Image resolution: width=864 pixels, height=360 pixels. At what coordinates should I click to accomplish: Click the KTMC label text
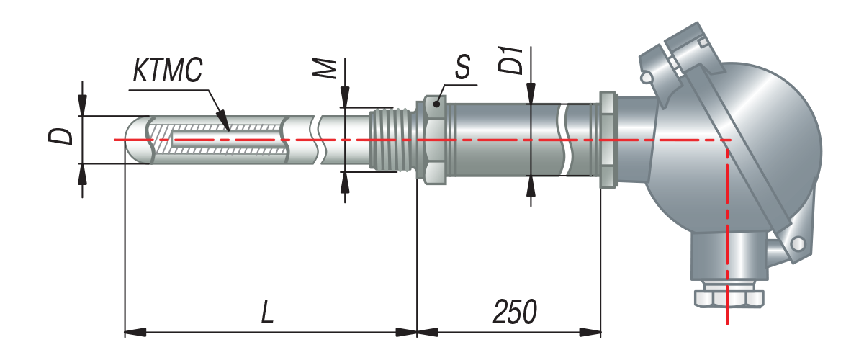point(167,71)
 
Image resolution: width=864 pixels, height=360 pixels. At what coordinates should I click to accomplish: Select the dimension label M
point(325,69)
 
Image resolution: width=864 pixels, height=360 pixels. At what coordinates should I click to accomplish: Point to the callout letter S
point(462,67)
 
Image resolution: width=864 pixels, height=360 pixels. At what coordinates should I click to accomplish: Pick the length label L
point(267,312)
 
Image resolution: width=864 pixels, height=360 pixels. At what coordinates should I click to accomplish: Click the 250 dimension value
point(515,312)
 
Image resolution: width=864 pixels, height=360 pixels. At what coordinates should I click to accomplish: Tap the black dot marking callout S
point(436,104)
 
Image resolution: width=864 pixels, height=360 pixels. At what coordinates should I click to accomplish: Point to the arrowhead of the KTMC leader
point(223,119)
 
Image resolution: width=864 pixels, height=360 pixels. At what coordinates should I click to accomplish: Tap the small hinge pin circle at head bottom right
point(798,244)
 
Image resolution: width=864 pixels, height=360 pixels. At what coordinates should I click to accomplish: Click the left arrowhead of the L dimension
point(135,332)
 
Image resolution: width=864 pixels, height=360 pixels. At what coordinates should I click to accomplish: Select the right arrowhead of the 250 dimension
point(590,332)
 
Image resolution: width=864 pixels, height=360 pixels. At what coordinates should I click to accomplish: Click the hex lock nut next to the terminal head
point(608,140)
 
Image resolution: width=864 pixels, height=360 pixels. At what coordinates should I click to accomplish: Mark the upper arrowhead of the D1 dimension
point(531,94)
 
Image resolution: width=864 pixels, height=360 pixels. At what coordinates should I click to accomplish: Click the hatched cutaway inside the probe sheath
point(219,140)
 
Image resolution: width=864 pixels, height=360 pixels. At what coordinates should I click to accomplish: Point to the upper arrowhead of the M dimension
point(345,96)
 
